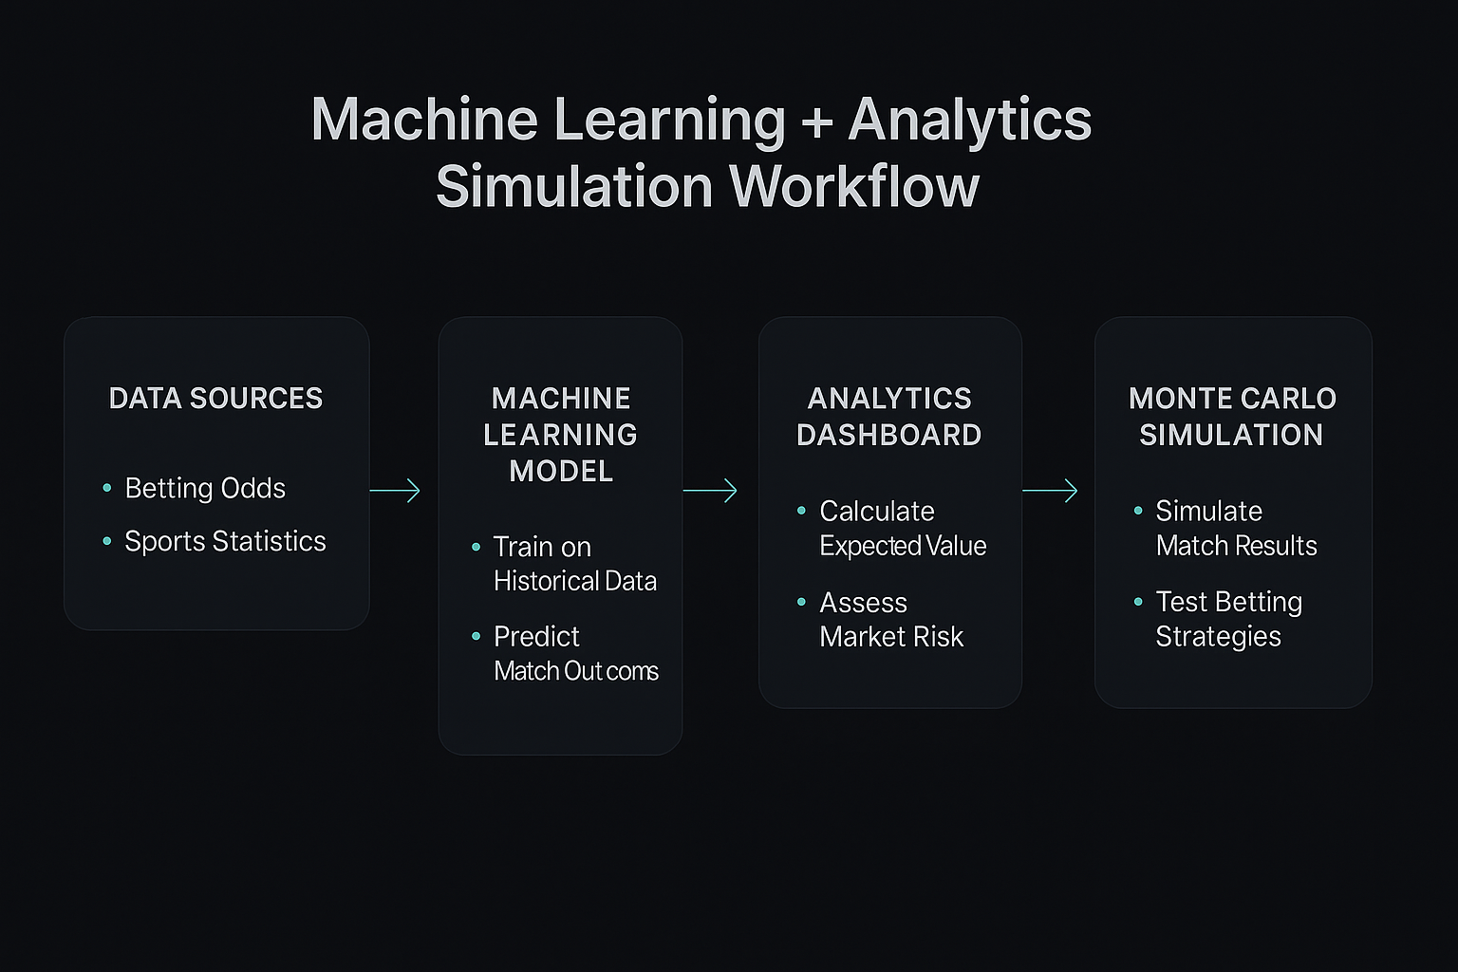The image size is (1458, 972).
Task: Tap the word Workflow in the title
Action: tap(854, 187)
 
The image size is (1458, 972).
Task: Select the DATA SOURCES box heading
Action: tap(216, 398)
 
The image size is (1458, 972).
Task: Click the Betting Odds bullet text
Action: tap(205, 488)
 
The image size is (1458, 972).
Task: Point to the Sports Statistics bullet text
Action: tap(225, 541)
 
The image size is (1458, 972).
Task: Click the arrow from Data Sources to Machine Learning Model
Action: tap(395, 490)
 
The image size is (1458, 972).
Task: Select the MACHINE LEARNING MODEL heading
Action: tap(561, 434)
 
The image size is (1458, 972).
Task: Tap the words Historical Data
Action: tap(575, 581)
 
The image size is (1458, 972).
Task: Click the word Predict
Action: tap(536, 636)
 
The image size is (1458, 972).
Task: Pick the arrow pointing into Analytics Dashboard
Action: tap(710, 490)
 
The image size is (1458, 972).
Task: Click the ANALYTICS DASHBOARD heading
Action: tap(889, 416)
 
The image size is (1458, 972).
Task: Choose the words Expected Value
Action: tap(903, 546)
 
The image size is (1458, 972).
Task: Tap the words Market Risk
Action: tap(891, 636)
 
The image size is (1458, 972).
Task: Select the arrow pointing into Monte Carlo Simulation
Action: tap(1050, 490)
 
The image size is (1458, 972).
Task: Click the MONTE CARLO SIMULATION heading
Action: tap(1232, 416)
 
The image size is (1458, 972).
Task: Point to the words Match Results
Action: tap(1236, 546)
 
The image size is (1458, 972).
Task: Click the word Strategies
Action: tap(1218, 636)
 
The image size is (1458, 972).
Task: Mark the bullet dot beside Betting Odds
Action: tap(107, 488)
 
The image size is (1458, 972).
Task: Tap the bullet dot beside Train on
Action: tap(477, 547)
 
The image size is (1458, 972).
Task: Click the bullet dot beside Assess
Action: tap(802, 602)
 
